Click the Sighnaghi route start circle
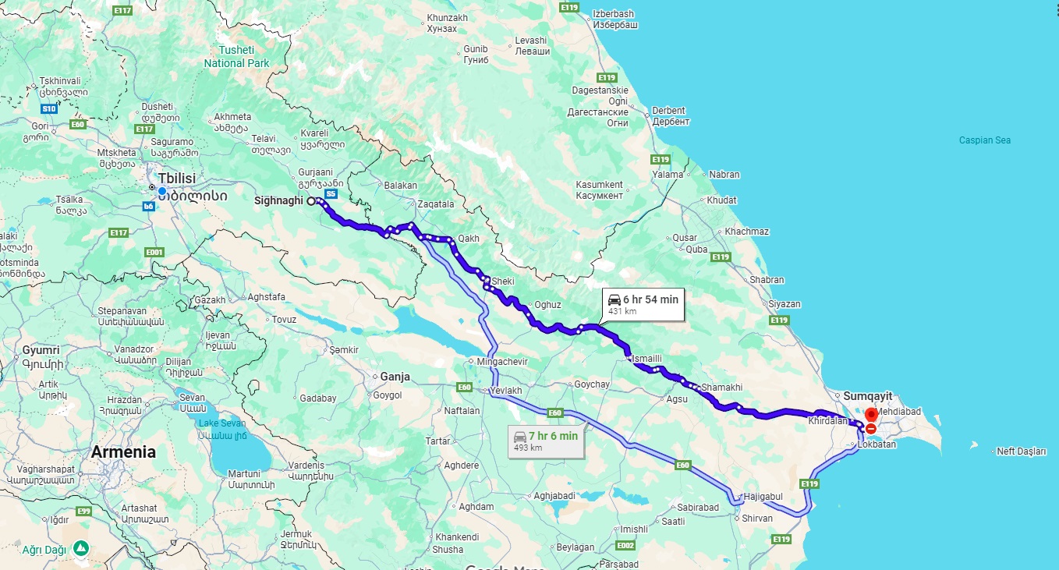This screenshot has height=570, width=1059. pos(310,201)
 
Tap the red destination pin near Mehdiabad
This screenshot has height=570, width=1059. pos(871,416)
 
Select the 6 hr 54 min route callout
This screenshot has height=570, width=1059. pos(643,304)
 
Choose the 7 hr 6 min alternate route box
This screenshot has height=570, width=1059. pos(546,441)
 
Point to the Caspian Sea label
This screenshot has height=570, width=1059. pos(985,140)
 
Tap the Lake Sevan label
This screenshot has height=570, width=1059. pos(222,423)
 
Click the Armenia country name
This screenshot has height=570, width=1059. pos(123,451)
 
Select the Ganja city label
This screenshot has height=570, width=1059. pos(395,377)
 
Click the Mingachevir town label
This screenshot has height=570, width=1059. pos(502,362)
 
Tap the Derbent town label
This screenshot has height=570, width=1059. pos(669,111)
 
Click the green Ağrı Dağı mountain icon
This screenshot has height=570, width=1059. pos(81,548)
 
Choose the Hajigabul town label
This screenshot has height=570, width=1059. pos(763,497)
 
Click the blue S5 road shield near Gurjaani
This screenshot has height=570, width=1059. pos(331,193)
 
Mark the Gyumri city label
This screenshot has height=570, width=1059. pos(41,350)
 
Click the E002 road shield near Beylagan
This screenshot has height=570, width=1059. pos(625,544)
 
